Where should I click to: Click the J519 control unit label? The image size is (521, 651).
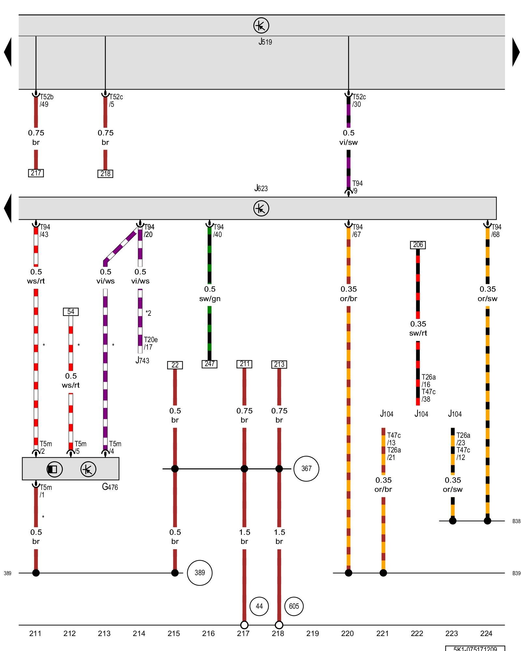[265, 42]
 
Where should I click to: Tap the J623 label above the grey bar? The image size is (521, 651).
[261, 188]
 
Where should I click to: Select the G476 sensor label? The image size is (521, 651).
[110, 487]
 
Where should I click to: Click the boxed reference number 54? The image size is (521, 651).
[71, 312]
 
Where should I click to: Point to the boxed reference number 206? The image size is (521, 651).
[418, 245]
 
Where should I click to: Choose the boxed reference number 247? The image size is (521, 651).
[209, 364]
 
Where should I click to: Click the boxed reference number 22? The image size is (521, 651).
[175, 365]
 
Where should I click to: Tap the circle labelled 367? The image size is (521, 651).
[306, 469]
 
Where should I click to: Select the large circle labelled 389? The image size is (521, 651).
[200, 573]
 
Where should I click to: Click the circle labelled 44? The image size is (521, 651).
[259, 606]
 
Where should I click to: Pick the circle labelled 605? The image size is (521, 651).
[294, 606]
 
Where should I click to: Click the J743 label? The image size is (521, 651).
[142, 360]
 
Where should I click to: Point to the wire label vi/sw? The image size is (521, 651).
[348, 142]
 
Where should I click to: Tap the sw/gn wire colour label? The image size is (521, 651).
[210, 298]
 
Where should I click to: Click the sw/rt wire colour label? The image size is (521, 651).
[418, 333]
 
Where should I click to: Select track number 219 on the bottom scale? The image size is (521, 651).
[313, 633]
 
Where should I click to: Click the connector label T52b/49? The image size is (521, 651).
[46, 101]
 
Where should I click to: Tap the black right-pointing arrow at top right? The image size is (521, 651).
[516, 52]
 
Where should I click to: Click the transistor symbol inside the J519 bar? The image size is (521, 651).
[261, 25]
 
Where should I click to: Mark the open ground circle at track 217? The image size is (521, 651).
[244, 625]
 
